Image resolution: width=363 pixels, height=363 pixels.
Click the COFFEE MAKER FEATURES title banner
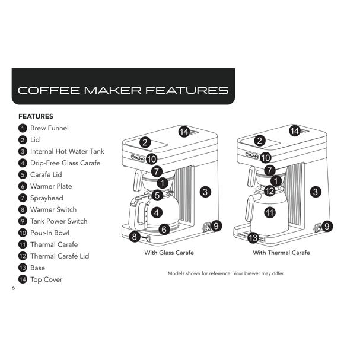tap(123, 87)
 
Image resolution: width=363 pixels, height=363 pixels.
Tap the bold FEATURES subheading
tap(36, 116)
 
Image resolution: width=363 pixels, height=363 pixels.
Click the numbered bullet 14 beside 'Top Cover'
tap(23, 279)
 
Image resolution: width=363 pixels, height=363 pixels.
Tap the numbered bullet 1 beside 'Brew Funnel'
tap(23, 128)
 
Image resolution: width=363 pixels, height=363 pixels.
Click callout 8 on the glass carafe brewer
tap(135, 237)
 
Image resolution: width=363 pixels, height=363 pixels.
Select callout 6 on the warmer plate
tap(164, 229)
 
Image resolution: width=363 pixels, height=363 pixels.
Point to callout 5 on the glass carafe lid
tap(157, 195)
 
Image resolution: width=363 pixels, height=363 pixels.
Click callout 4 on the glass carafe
tap(157, 212)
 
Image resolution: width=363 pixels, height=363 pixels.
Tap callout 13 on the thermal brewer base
tap(253, 238)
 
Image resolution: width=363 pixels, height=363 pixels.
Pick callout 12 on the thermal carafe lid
tap(270, 191)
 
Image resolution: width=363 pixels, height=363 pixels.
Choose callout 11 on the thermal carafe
tap(270, 212)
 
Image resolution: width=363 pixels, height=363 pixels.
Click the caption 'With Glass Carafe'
tap(169, 253)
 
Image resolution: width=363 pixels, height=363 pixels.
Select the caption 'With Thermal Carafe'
tap(281, 253)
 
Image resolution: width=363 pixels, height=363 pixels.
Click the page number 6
tap(14, 288)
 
